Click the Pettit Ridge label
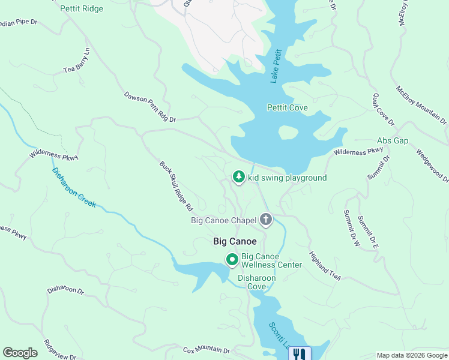pos(82,9)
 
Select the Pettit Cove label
pos(287,108)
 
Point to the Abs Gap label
pos(393,140)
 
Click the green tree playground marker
pos(239,177)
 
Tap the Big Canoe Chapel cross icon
pos(266,220)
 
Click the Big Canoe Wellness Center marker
pos(232,259)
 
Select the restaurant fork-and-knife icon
pos(299,354)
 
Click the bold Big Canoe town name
pos(235,241)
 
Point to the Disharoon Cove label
pos(256,283)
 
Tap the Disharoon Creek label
pos(74,188)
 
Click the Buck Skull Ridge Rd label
pos(176,185)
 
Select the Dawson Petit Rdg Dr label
pos(150,107)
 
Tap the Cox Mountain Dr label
pos(206,349)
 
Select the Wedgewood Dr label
pos(432,165)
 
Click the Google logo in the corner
pos(20,353)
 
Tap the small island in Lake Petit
pos(288,132)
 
